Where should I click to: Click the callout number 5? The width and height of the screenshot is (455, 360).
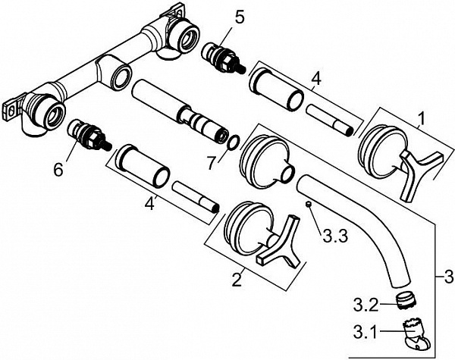coord(239,18)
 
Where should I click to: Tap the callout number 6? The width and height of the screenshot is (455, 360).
coord(58,169)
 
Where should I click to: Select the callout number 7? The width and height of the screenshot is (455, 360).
coord(212,163)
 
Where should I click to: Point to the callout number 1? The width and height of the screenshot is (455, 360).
coord(422,119)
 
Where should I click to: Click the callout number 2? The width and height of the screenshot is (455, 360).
coord(237,280)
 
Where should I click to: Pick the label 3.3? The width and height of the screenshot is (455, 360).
coord(335,236)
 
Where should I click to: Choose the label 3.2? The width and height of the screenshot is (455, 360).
coord(366,305)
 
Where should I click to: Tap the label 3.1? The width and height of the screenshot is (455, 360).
coord(365,333)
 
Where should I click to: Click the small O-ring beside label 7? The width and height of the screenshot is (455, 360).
coord(234,142)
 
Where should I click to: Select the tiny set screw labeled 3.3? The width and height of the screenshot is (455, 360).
coord(309,205)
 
